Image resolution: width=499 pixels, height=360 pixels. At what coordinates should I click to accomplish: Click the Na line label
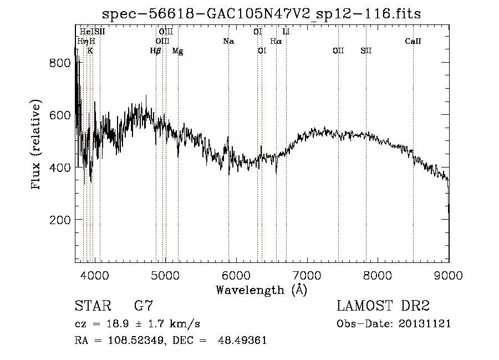pos(228,41)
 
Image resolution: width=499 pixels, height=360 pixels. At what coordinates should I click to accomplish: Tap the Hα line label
pos(276,41)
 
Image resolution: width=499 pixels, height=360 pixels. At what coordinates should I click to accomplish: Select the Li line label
pos(286,32)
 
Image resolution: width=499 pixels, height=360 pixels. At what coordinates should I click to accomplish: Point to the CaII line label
pos(413,41)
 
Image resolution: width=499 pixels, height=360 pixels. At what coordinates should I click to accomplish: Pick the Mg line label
pos(177,51)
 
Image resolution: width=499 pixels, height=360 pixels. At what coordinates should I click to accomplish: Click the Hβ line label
pos(155,51)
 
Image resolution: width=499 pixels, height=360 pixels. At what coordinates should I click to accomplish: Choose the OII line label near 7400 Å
pos(338,51)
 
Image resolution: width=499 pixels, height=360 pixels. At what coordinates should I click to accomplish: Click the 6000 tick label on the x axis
pos(236,275)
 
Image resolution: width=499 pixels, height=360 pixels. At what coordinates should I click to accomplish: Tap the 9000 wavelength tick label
pos(449,275)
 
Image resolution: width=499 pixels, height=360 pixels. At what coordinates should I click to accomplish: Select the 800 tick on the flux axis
pos(60,63)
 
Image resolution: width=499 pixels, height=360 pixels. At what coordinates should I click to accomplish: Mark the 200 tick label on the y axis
pos(60,220)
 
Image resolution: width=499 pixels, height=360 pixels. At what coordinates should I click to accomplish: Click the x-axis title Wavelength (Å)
pos(261,290)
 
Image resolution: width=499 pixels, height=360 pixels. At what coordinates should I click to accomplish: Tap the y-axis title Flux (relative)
pos(37,145)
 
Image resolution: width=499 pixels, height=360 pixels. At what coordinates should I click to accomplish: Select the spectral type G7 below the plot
pos(144,306)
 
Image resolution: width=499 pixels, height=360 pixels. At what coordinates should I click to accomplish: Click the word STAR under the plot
pos(92,306)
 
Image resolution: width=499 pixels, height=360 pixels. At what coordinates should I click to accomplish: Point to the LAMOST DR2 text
pos(383,306)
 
